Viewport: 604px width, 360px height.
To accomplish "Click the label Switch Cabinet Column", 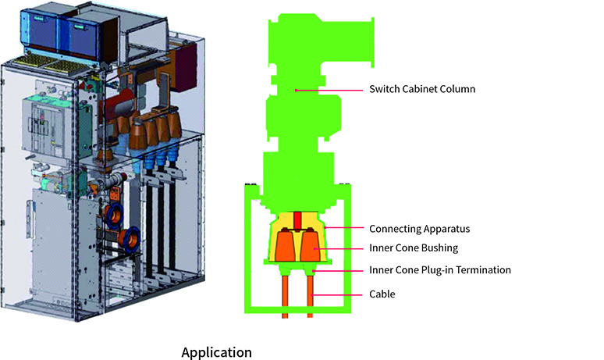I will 421,90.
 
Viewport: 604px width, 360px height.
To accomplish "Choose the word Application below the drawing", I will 216,352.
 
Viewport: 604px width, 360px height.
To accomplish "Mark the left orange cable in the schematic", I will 285,293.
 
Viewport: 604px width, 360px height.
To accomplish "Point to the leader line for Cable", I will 339,294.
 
